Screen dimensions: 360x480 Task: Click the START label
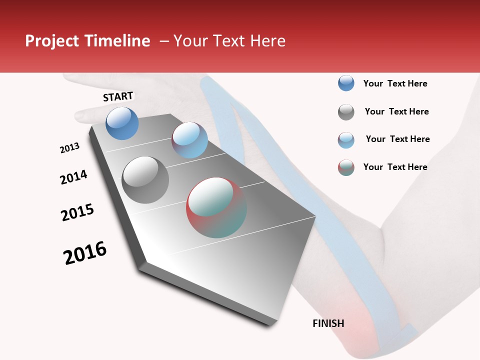click(118, 96)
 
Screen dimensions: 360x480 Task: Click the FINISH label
click(328, 323)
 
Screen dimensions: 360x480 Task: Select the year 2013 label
click(69, 148)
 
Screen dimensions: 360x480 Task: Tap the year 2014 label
click(73, 177)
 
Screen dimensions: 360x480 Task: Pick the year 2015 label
click(77, 212)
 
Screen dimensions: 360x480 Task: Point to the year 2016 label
click(85, 253)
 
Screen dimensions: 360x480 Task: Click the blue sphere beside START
click(122, 123)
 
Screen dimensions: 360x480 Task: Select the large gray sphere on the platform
click(145, 180)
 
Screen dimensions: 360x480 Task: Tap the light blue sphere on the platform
click(189, 140)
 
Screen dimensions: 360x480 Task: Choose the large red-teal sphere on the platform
click(216, 207)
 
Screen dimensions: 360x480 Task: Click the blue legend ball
click(346, 83)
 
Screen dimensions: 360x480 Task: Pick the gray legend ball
click(346, 112)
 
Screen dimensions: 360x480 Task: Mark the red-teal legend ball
click(346, 167)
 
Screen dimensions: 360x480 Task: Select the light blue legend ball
click(346, 140)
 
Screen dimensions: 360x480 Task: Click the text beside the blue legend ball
click(395, 83)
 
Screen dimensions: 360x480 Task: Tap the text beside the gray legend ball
click(396, 111)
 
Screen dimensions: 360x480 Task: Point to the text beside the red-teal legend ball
click(395, 167)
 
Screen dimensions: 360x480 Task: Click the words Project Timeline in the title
click(87, 41)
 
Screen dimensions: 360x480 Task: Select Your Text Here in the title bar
click(229, 41)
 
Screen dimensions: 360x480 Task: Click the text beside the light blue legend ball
click(397, 139)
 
